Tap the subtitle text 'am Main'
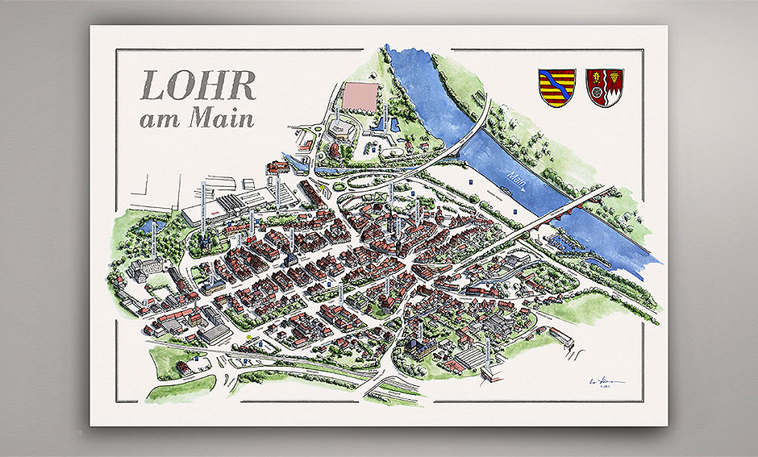[x=197, y=118]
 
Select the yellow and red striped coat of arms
[x=556, y=88]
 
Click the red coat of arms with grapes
[x=604, y=88]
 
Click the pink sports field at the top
[x=360, y=97]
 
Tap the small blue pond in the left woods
[x=150, y=227]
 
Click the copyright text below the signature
[x=602, y=388]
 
